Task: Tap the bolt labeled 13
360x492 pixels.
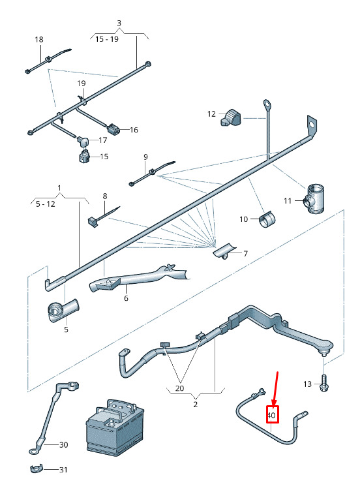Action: pos(323,383)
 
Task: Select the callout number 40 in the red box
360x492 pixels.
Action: pos(271,416)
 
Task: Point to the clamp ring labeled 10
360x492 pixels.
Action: pos(266,219)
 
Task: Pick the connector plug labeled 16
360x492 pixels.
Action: pos(113,129)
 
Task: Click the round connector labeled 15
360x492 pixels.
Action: pos(84,156)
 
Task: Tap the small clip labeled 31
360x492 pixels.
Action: pos(36,470)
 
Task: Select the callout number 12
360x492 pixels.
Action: pos(212,114)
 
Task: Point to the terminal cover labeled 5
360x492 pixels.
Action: pos(63,310)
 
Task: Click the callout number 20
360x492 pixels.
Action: pos(180,388)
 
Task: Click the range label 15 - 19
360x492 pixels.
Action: pos(107,39)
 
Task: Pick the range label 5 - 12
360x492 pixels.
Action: pos(46,204)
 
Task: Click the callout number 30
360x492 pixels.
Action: pos(64,444)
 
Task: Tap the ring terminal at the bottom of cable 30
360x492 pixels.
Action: pos(33,452)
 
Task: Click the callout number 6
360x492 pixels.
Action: pos(126,298)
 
